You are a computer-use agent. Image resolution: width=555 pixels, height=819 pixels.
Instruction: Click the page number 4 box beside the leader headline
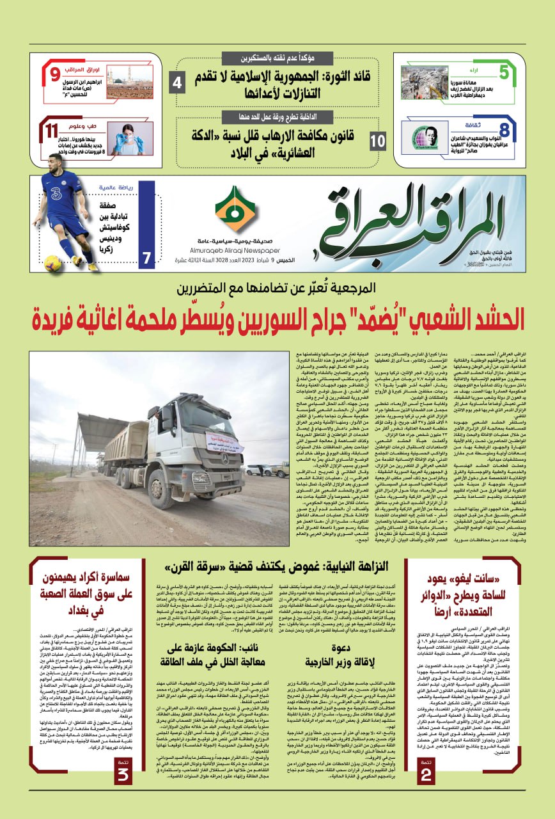coord(178,83)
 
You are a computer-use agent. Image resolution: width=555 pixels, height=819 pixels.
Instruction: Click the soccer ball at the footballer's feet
coord(52,262)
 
